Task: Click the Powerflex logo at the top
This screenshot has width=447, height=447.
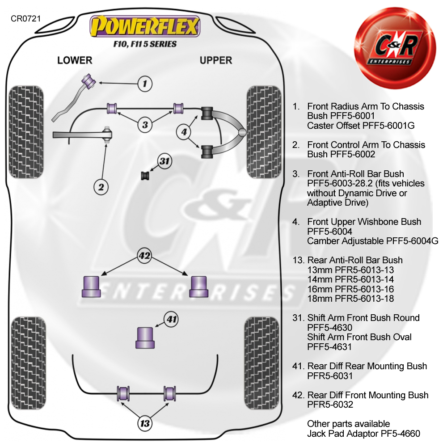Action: [x=145, y=26]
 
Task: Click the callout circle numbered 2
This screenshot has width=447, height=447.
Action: [x=101, y=187]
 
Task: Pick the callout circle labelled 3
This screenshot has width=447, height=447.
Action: [x=145, y=125]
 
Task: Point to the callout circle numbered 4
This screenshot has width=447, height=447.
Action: [x=184, y=132]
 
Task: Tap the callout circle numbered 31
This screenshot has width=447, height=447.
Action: [x=165, y=162]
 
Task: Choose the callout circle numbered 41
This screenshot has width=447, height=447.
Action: [x=171, y=319]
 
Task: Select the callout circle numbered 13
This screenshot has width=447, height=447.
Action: [x=145, y=423]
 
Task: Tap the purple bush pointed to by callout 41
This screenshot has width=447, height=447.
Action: [x=145, y=337]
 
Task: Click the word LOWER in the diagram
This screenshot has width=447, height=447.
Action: [x=75, y=60]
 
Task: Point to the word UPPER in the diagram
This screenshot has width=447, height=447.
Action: [x=216, y=60]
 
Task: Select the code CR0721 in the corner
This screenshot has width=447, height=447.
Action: [x=26, y=20]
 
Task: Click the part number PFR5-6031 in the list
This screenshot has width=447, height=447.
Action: [x=330, y=376]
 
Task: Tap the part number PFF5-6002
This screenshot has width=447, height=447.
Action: [x=341, y=154]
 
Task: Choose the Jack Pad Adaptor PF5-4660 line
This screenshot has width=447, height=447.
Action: [x=363, y=434]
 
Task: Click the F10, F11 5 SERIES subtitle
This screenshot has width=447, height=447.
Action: [x=145, y=44]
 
